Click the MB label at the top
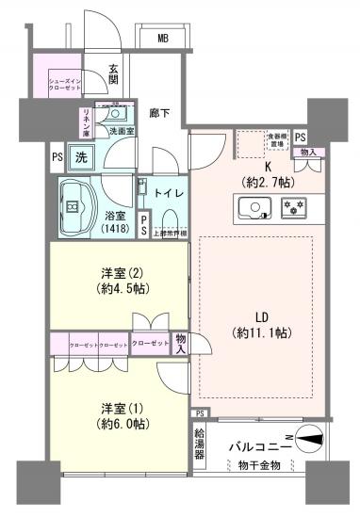tap(163, 39)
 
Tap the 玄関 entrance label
tap(113, 74)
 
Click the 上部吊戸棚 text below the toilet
tap(170, 232)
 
